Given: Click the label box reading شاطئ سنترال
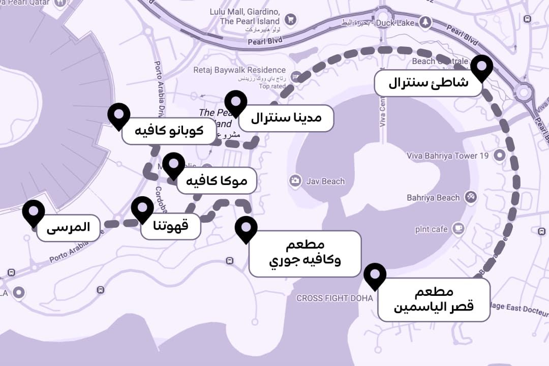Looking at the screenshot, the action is pyautogui.click(x=428, y=83).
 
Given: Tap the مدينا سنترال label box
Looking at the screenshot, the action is pyautogui.click(x=293, y=118).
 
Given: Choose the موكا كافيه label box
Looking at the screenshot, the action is pyautogui.click(x=217, y=180).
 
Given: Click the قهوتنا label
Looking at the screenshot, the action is pyautogui.click(x=171, y=226).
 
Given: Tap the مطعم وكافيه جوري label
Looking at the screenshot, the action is pyautogui.click(x=304, y=254).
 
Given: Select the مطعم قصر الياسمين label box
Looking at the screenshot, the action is pyautogui.click(x=434, y=299).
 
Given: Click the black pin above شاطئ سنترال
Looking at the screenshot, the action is pyautogui.click(x=481, y=68).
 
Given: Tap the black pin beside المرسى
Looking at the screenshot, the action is pyautogui.click(x=34, y=211).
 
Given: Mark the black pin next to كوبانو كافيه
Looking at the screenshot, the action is pyautogui.click(x=119, y=115).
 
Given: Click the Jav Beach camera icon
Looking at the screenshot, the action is pyautogui.click(x=295, y=181).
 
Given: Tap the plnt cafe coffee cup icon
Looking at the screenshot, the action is pyautogui.click(x=459, y=229).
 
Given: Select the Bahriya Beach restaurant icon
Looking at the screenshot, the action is pyautogui.click(x=471, y=197).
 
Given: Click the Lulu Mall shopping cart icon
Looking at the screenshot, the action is pyautogui.click(x=290, y=20).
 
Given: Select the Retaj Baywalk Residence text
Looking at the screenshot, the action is pyautogui.click(x=239, y=70).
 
